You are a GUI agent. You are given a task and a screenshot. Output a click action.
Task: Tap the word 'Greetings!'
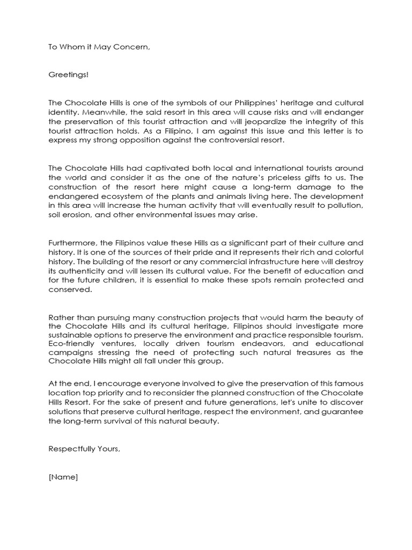coord(68,75)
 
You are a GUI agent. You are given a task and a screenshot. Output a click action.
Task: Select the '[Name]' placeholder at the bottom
coord(63,477)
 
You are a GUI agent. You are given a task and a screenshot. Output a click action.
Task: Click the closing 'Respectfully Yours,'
coord(84,449)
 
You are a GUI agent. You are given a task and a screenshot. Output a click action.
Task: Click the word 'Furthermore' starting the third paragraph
coord(71,242)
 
